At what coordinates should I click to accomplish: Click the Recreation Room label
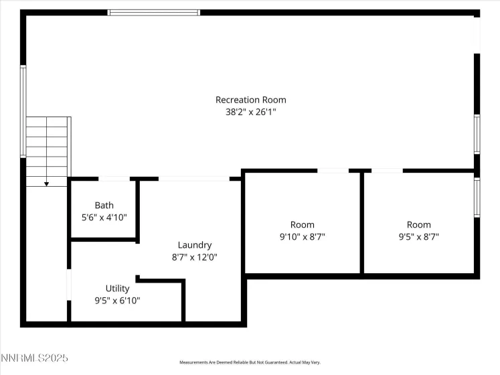pyautogui.click(x=250, y=100)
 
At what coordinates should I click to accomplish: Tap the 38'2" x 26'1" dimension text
pyautogui.click(x=250, y=112)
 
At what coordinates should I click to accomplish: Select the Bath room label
pyautogui.click(x=104, y=206)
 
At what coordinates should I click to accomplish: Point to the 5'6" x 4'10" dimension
pyautogui.click(x=104, y=218)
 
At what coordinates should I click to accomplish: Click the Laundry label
pyautogui.click(x=195, y=245)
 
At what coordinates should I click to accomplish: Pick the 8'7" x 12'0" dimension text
pyautogui.click(x=195, y=257)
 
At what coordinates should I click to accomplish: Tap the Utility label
pyautogui.click(x=117, y=289)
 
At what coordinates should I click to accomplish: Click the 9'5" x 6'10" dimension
pyautogui.click(x=117, y=301)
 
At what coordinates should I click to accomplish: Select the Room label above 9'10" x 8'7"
pyautogui.click(x=302, y=224)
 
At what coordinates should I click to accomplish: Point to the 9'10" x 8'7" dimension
pyautogui.click(x=302, y=236)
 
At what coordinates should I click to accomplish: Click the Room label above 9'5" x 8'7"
pyautogui.click(x=419, y=224)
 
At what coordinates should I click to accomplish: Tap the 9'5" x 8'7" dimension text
pyautogui.click(x=419, y=236)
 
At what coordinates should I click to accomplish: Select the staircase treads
pyautogui.click(x=48, y=147)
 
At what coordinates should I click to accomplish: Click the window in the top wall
pyautogui.click(x=153, y=12)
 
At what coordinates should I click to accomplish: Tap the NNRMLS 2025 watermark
pyautogui.click(x=35, y=360)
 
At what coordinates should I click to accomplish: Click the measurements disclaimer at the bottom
pyautogui.click(x=250, y=362)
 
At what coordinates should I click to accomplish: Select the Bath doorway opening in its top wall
pyautogui.click(x=114, y=179)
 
